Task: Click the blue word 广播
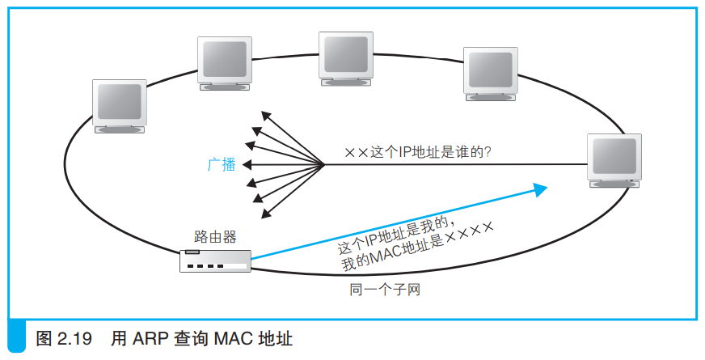[x=222, y=165]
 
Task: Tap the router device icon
[x=215, y=261]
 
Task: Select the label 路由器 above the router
[x=215, y=237]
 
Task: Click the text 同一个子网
[x=385, y=290]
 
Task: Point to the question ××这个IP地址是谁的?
[x=418, y=152]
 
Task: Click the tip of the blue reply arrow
[x=547, y=186]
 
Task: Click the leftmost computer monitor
[x=120, y=106]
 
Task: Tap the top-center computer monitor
[x=346, y=59]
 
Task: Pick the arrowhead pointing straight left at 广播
[x=247, y=165]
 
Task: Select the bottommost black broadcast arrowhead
[x=266, y=214]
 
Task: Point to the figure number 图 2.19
[x=63, y=338]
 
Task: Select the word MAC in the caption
[x=231, y=338]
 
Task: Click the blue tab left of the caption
[x=17, y=336]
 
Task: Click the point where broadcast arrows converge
[x=324, y=164]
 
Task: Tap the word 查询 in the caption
[x=190, y=338]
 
